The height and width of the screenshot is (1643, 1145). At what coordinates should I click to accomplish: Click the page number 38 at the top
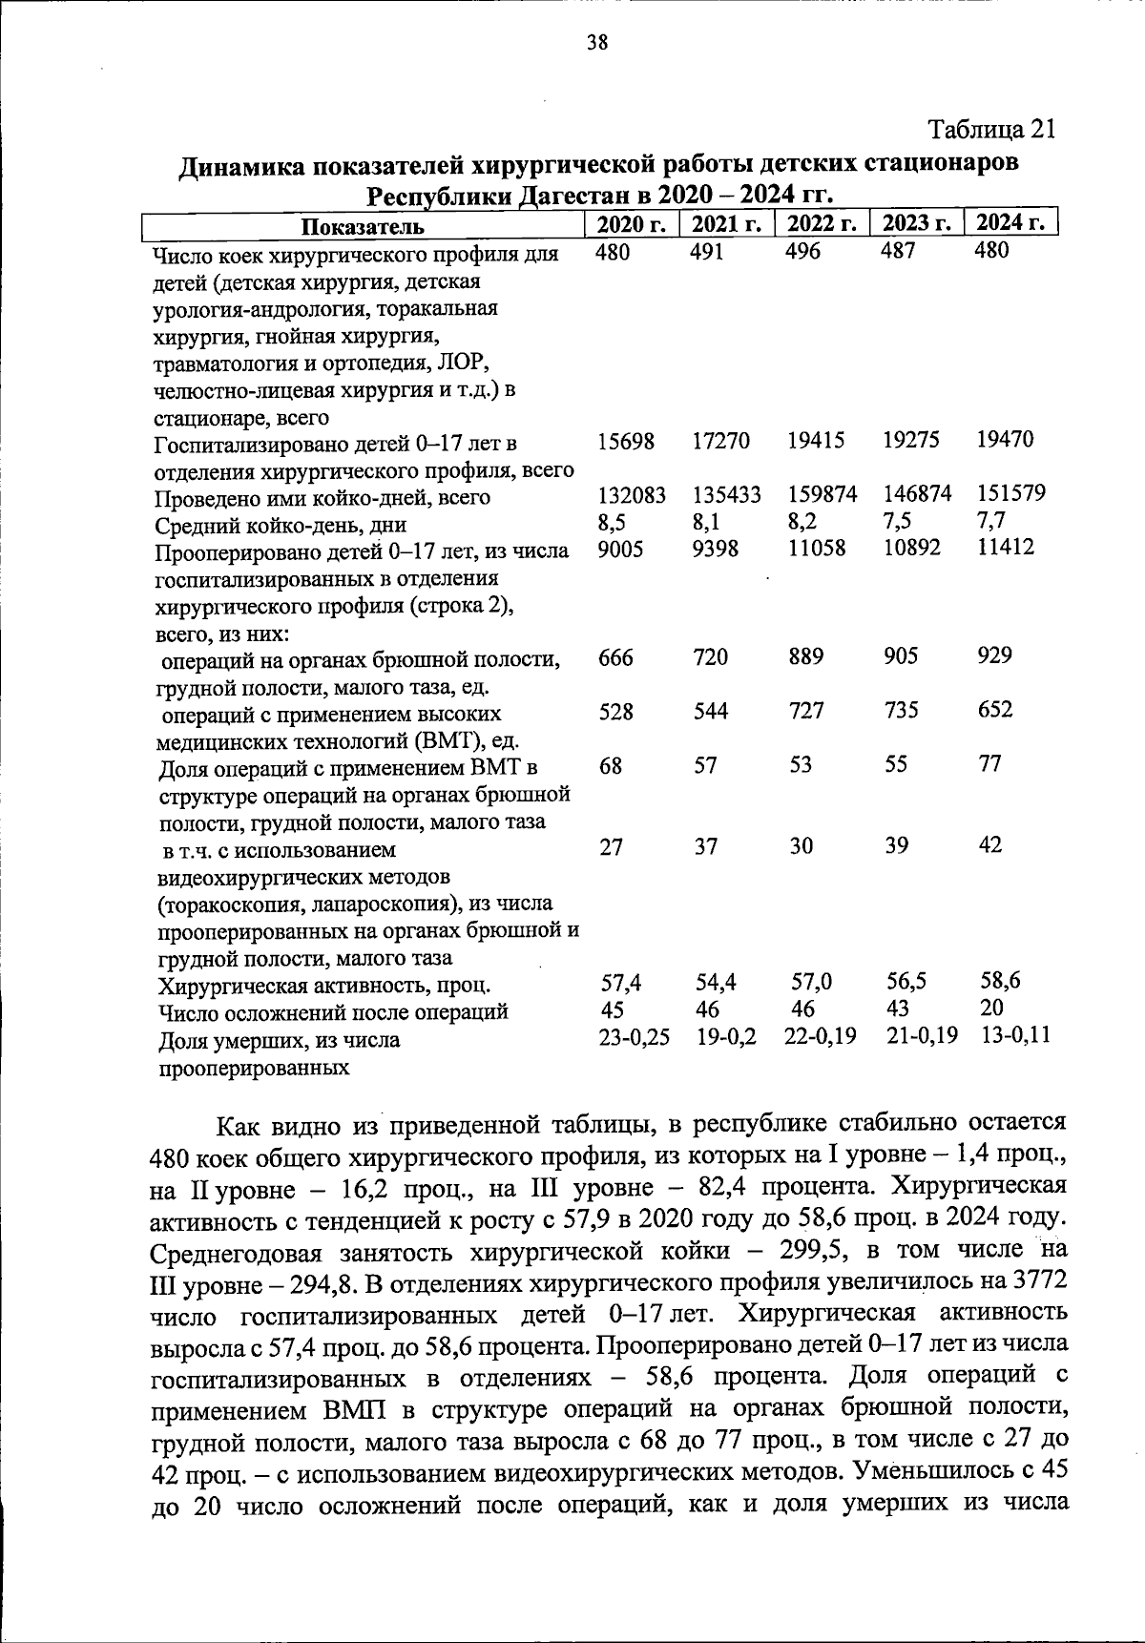coord(597,42)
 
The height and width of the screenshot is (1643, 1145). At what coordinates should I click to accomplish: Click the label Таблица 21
coord(992,129)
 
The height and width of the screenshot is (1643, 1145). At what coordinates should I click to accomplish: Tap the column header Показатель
coord(363,226)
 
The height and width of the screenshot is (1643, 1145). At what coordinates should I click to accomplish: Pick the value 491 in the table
coord(707,251)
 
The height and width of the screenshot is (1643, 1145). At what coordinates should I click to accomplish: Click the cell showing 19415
coord(816,441)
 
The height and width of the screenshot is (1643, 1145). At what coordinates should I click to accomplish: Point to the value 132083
coord(632,494)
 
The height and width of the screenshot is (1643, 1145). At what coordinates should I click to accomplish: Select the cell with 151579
coord(1010,493)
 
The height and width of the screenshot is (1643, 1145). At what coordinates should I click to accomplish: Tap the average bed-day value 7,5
coord(897,521)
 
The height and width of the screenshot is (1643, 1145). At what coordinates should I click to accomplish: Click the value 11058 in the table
coord(816,549)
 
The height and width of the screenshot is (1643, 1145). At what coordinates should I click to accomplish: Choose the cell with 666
coord(615,657)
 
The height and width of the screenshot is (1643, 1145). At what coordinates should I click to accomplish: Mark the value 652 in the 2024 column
coord(994,710)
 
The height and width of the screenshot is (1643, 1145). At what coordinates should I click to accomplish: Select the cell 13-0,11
coord(1015,1035)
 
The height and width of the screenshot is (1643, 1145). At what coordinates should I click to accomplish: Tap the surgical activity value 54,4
coord(716,982)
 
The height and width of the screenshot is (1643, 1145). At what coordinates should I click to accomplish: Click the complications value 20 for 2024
coord(991,1008)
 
